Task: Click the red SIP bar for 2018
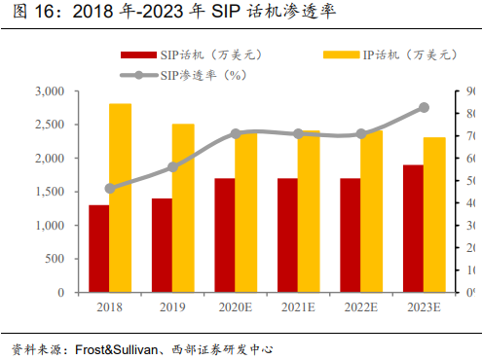pyautogui.click(x=98, y=248)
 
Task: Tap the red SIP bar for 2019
pyautogui.click(x=161, y=245)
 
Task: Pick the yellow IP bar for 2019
pyautogui.click(x=183, y=207)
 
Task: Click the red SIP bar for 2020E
pyautogui.click(x=224, y=234)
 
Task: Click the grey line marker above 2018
pyautogui.click(x=110, y=189)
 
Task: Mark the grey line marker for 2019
pyautogui.click(x=172, y=167)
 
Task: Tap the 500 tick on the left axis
pyautogui.click(x=55, y=259)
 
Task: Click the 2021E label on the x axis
pyautogui.click(x=298, y=307)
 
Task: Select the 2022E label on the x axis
pyautogui.click(x=361, y=307)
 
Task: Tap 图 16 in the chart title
pyautogui.click(x=24, y=13)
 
